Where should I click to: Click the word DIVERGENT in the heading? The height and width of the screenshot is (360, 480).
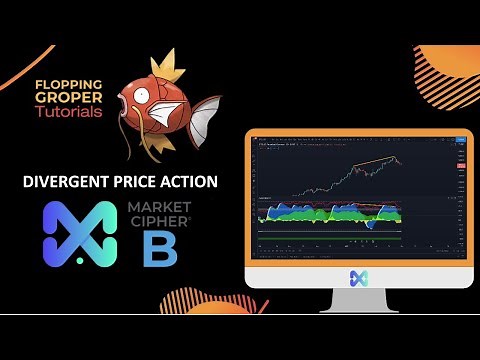[x=70, y=182]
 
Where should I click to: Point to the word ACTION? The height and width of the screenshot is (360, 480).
[x=186, y=182]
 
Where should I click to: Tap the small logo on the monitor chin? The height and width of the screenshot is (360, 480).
[x=358, y=278]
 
